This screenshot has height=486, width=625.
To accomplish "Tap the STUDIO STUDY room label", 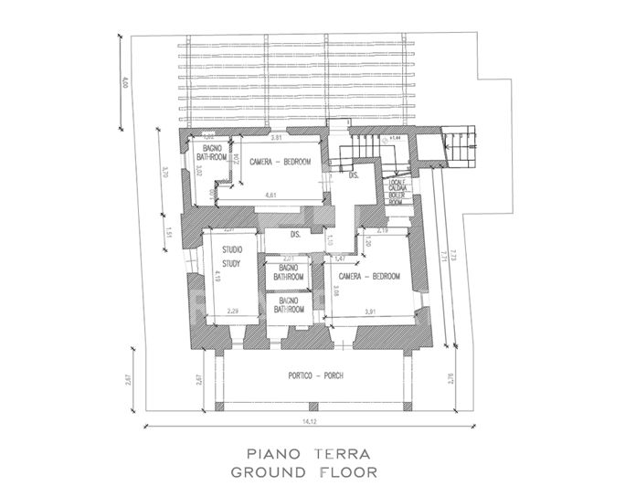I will [x=231, y=259].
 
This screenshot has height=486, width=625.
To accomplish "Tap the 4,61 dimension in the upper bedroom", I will [x=271, y=195].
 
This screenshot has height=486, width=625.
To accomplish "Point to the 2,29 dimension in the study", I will [x=235, y=312].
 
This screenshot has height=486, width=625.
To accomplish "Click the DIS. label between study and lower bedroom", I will [x=295, y=235].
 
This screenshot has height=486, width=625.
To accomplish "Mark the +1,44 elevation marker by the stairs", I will [x=395, y=139].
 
